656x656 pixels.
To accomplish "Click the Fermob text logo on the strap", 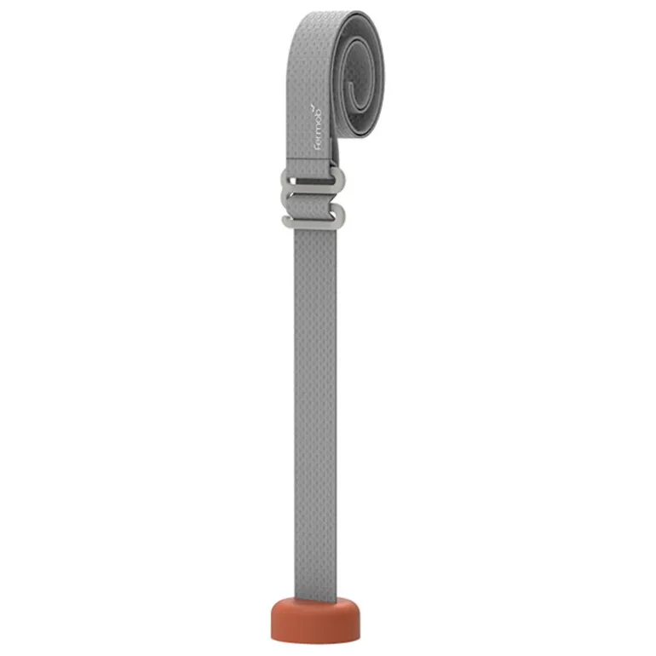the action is click(319, 127).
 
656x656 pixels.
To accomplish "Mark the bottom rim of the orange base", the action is click(315, 639).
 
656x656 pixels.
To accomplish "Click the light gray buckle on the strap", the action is click(314, 198).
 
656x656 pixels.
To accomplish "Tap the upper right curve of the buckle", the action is click(340, 180).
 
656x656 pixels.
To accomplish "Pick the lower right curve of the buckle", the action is click(340, 216).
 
